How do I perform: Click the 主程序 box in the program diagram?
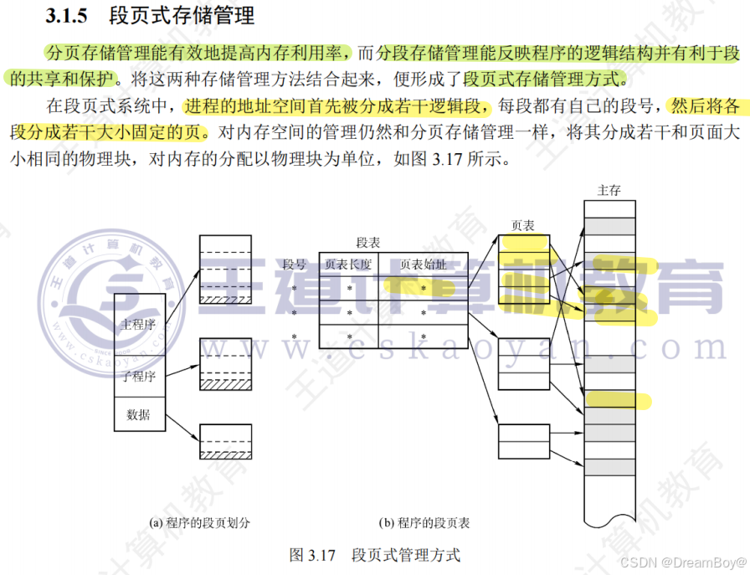coord(138,325)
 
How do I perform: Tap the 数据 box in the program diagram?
coord(138,414)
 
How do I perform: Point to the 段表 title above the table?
coord(368,243)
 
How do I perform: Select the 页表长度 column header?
coord(348,264)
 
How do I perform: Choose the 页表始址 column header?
coord(423,264)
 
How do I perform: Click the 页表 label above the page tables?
coord(523,225)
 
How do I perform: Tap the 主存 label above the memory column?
coord(609,191)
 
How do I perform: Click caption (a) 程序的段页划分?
coord(199,523)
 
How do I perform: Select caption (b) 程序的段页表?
coord(424,523)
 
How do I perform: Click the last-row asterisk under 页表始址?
coord(424,336)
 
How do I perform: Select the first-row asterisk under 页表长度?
coord(349,289)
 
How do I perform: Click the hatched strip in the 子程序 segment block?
coord(225,383)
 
